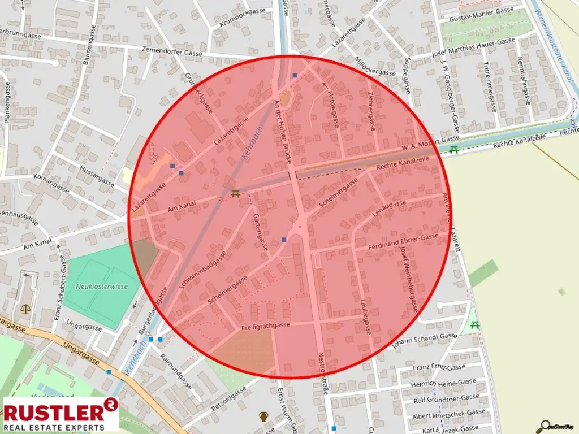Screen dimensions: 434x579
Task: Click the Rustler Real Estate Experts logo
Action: pos(61,414)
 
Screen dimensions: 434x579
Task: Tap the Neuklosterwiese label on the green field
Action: pos(102,287)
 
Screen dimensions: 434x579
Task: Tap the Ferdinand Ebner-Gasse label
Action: pos(404,241)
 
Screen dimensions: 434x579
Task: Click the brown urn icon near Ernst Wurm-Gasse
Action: pos(263,416)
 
